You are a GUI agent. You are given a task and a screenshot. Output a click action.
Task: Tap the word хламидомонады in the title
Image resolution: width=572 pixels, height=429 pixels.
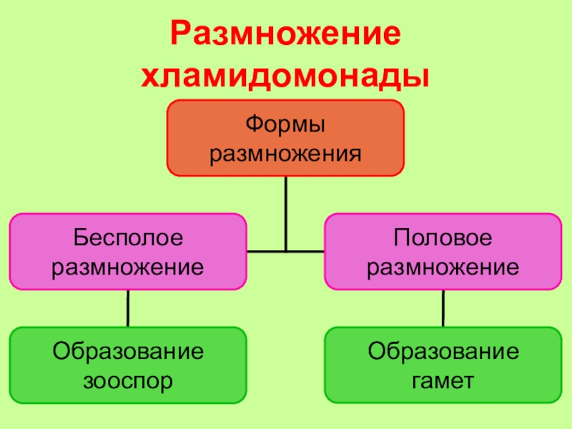pyautogui.click(x=286, y=75)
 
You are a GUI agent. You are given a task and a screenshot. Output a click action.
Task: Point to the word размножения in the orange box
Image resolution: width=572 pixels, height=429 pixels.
pyautogui.click(x=285, y=153)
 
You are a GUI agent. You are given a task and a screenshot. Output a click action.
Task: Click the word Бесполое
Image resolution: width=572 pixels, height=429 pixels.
pyautogui.click(x=128, y=237)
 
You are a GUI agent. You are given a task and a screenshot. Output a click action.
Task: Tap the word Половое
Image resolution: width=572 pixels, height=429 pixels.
pyautogui.click(x=443, y=237)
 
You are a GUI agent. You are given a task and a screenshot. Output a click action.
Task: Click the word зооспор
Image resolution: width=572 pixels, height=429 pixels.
pyautogui.click(x=128, y=380)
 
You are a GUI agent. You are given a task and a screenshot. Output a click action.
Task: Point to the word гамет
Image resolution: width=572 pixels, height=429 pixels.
pyautogui.click(x=443, y=380)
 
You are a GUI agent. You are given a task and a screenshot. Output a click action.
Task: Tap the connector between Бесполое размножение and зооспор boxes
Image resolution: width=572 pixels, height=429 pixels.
pyautogui.click(x=128, y=308)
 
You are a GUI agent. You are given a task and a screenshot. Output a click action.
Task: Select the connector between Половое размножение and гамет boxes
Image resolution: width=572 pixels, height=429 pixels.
pyautogui.click(x=443, y=308)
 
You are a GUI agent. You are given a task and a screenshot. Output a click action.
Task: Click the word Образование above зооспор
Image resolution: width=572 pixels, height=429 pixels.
pyautogui.click(x=128, y=351)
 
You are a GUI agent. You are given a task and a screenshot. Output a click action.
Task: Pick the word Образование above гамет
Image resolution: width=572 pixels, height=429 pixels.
pyautogui.click(x=443, y=351)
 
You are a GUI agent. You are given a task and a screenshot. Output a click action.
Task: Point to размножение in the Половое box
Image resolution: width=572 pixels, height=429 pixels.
pyautogui.click(x=443, y=267)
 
